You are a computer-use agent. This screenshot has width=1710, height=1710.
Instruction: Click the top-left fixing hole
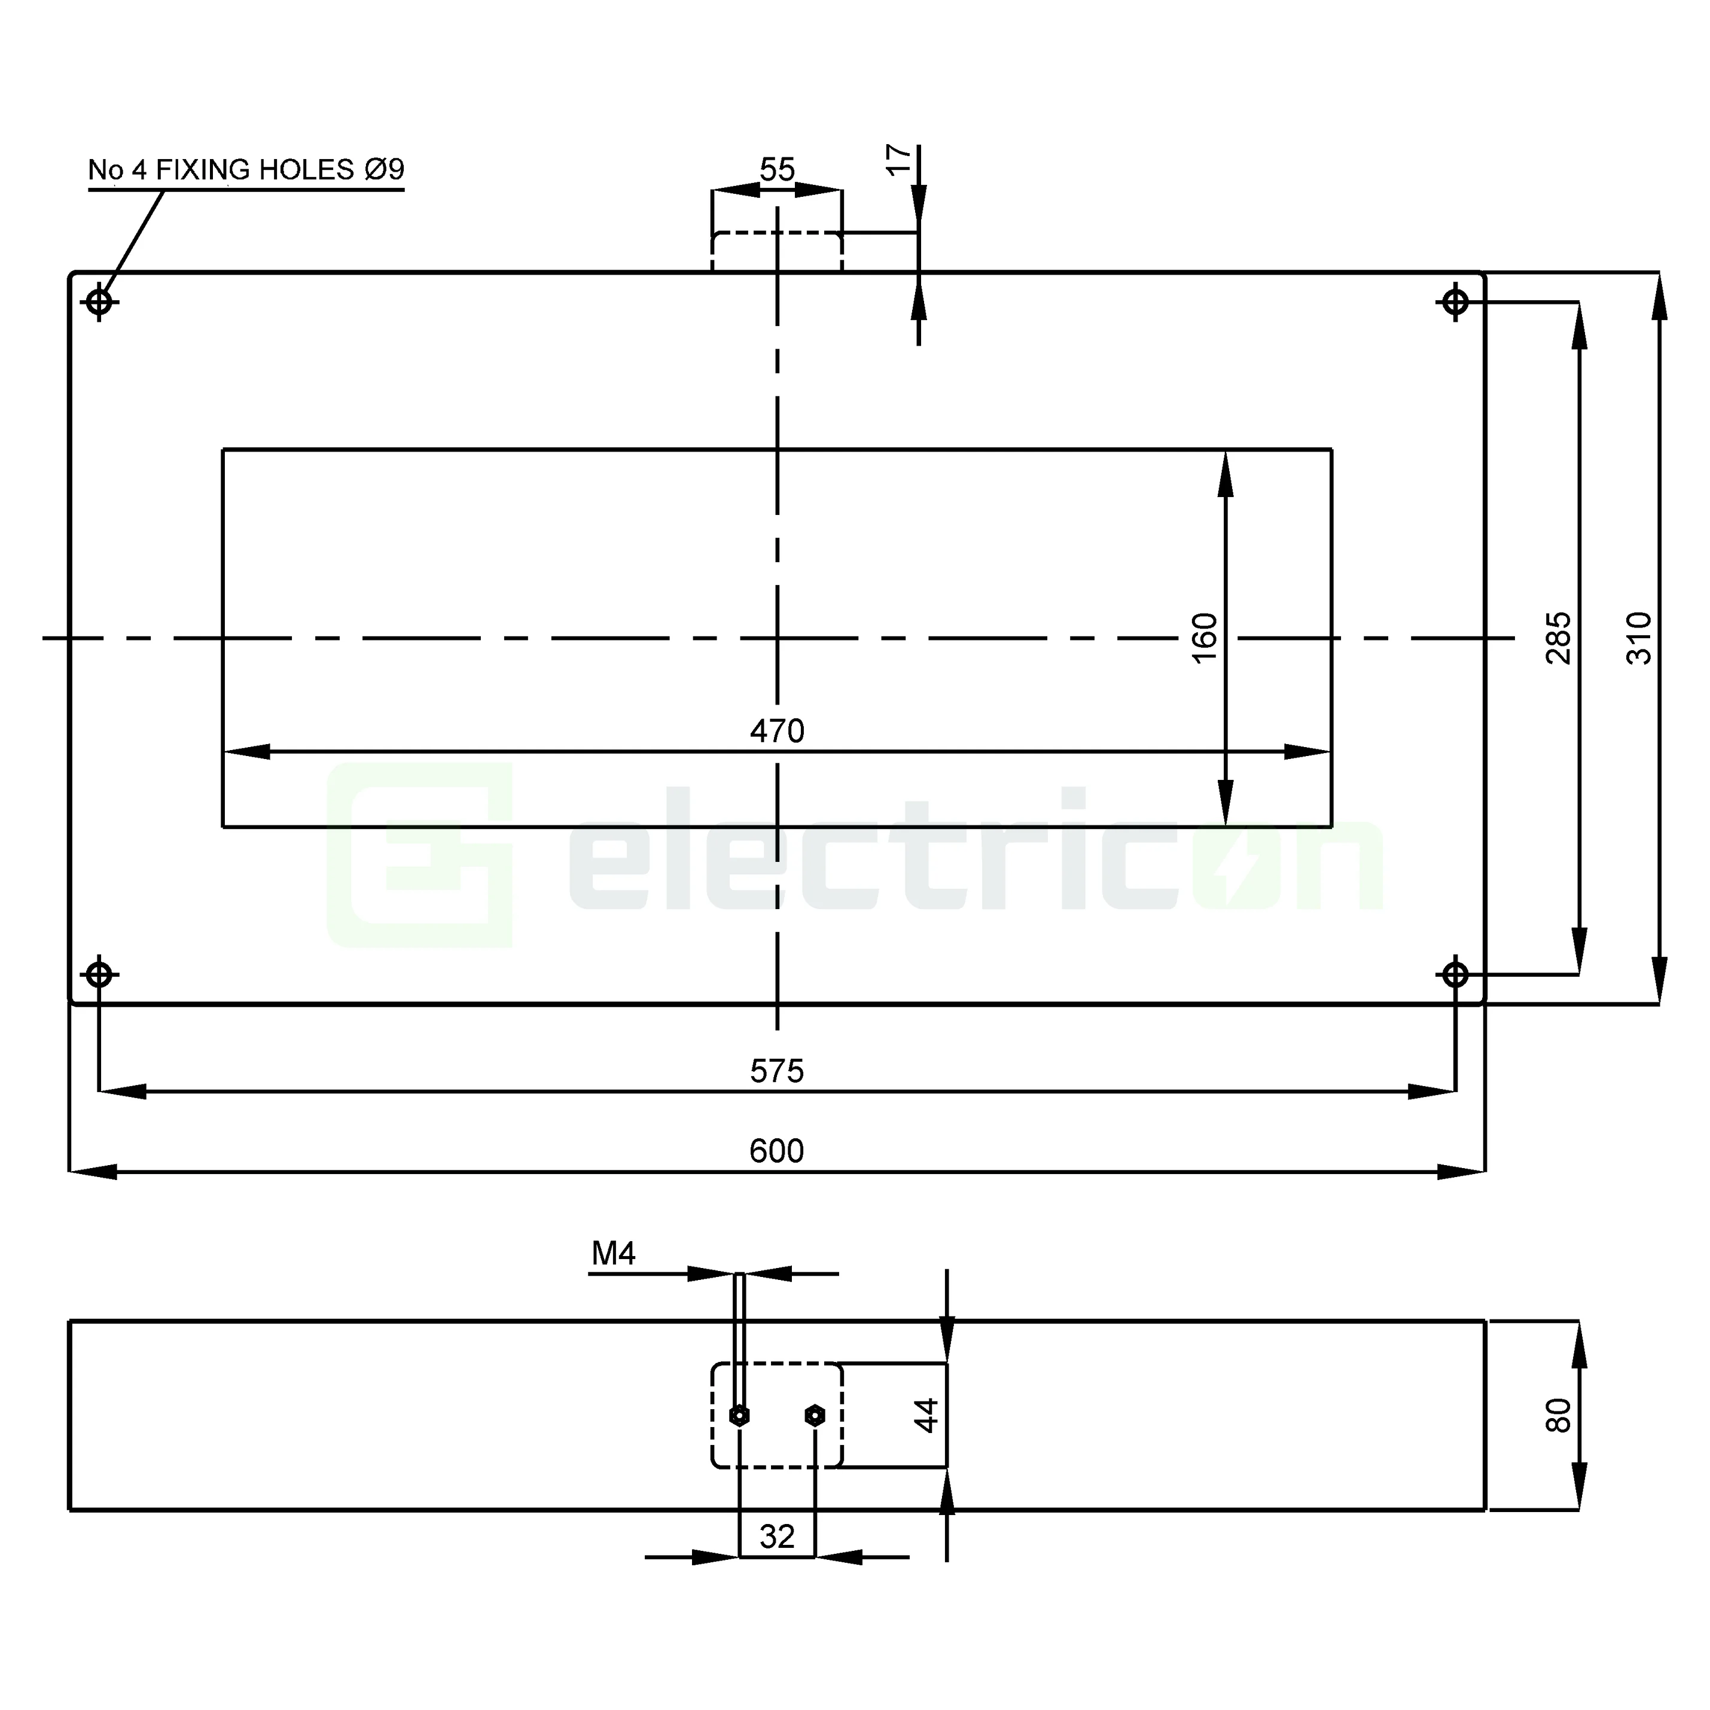[x=99, y=303]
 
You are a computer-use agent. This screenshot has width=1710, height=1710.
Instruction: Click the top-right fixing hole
[x=1455, y=303]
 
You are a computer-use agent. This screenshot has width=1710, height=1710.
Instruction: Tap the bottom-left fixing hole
[x=99, y=974]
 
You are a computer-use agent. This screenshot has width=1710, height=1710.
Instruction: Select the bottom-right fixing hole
[x=1455, y=974]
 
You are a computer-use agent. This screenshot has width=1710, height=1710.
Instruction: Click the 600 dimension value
[x=776, y=1151]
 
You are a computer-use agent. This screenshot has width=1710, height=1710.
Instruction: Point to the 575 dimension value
[x=776, y=1071]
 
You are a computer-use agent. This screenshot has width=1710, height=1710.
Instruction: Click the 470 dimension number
[x=776, y=731]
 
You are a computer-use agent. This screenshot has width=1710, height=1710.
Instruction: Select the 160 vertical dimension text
[x=1205, y=637]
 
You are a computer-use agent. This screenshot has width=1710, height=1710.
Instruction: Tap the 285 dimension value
[x=1557, y=637]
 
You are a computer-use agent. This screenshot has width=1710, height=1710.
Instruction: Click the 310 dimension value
[x=1639, y=637]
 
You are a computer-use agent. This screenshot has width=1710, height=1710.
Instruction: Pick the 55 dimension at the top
[x=777, y=169]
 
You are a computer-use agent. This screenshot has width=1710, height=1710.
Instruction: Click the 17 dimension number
[x=898, y=160]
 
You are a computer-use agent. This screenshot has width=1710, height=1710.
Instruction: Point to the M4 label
[x=614, y=1253]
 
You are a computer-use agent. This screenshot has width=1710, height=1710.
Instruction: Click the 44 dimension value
[x=926, y=1415]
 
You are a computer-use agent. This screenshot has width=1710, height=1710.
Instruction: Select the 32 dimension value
[x=777, y=1537]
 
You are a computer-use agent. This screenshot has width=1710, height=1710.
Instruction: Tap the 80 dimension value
[x=1557, y=1415]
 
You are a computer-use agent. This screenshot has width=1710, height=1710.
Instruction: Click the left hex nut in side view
[x=740, y=1416]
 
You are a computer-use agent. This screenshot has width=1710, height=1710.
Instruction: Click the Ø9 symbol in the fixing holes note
[x=384, y=169]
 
